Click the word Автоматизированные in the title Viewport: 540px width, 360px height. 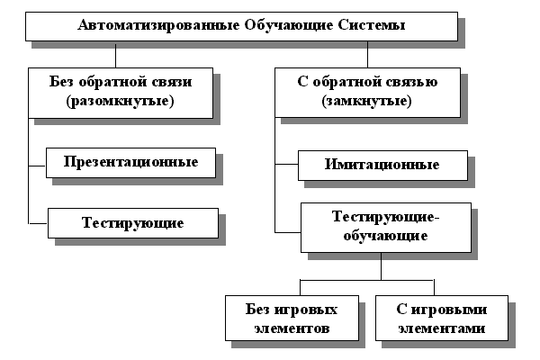158,25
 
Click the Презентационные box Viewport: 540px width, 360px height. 130,163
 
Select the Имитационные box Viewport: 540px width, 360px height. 382,166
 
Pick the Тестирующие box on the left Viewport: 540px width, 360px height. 133,223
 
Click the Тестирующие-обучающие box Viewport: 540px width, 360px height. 386,228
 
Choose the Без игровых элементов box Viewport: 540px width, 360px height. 292,318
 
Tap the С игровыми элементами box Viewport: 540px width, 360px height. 442,318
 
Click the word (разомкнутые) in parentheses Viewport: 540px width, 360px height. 121,101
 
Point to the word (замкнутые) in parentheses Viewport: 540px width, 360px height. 367,101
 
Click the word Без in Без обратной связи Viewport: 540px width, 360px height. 61,82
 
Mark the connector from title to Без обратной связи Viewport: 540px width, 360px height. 116,54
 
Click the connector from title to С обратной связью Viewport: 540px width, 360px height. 367,54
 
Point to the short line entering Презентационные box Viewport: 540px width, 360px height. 37,166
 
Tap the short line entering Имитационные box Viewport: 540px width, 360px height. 286,165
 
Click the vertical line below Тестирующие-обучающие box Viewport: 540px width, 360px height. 382,266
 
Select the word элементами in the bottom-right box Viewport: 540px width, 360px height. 442,328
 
